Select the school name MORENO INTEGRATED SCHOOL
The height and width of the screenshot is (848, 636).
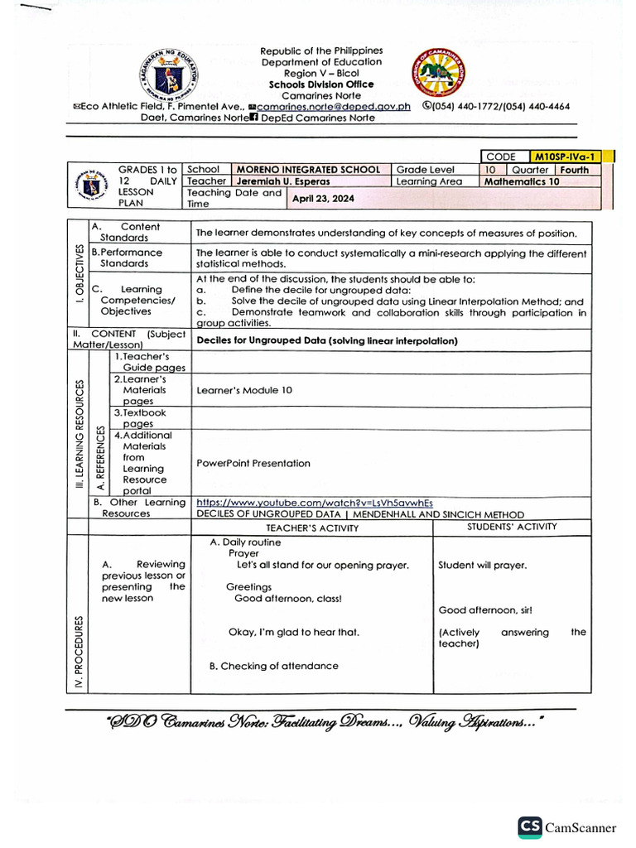pos(308,169)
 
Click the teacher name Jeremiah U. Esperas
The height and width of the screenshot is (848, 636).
pos(282,181)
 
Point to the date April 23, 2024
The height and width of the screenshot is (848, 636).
pos(323,198)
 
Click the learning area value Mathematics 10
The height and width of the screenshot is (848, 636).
pos(522,181)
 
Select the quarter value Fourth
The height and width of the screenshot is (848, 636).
pos(574,169)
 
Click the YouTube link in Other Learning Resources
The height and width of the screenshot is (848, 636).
pos(314,502)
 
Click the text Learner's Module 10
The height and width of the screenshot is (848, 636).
pos(243,390)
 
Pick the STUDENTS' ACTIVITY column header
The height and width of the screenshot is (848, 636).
pos(512,527)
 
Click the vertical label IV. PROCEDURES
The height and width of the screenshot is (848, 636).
pos(79,653)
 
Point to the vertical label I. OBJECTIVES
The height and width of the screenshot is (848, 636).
pos(79,274)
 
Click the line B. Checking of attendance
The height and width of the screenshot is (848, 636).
pos(273,666)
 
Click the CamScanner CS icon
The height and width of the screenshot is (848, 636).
pos(530,826)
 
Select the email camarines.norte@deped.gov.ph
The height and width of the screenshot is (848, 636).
pos(334,106)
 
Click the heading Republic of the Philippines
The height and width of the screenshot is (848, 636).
pos(321,51)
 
